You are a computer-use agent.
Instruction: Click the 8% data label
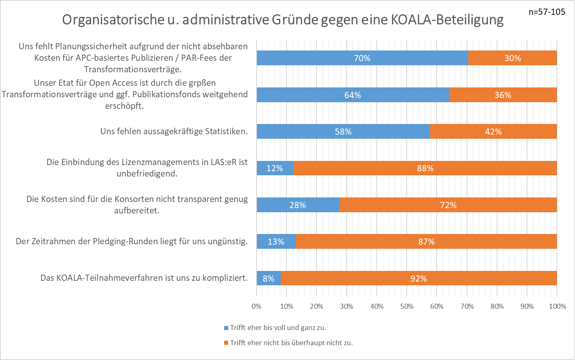pyautogui.click(x=268, y=279)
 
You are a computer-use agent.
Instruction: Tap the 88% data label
pyautogui.click(x=425, y=168)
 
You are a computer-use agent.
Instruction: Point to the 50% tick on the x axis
pyautogui.click(x=407, y=306)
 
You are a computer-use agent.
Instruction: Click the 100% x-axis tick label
pyautogui.click(x=557, y=306)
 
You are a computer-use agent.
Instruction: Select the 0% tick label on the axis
pyautogui.click(x=257, y=306)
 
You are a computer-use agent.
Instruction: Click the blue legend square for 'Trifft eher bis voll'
pyautogui.click(x=226, y=328)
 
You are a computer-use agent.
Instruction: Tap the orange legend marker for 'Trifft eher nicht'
pyautogui.click(x=226, y=343)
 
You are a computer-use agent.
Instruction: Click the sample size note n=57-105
pyautogui.click(x=547, y=12)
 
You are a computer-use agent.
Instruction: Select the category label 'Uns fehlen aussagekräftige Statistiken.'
pyautogui.click(x=174, y=131)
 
